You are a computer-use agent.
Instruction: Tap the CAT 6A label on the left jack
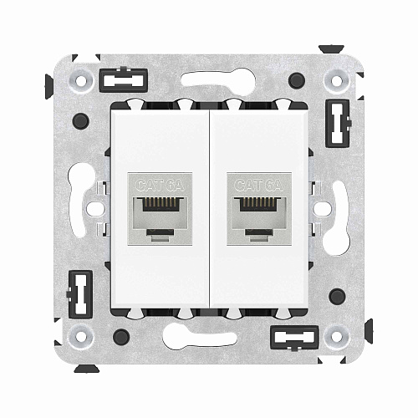161,184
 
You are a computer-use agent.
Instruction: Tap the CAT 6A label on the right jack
257,184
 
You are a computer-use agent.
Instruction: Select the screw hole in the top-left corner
81,81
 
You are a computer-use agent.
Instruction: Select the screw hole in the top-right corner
338,81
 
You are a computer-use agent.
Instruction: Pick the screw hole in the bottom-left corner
81,338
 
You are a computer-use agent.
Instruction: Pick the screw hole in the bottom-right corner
338,338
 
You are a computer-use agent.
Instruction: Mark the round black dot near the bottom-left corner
121,337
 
